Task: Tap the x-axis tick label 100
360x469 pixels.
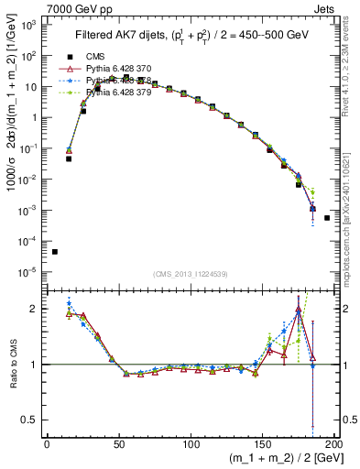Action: pos(191,444)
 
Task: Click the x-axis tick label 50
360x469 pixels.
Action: pos(119,444)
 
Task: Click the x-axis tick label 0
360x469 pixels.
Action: pos(47,444)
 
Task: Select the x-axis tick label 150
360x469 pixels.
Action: pos(264,444)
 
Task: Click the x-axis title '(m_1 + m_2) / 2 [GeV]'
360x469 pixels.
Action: pos(276,459)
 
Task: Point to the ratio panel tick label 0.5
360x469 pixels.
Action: pos(28,420)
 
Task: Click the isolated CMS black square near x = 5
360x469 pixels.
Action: pos(54,252)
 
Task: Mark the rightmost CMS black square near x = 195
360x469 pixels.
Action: pos(327,218)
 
